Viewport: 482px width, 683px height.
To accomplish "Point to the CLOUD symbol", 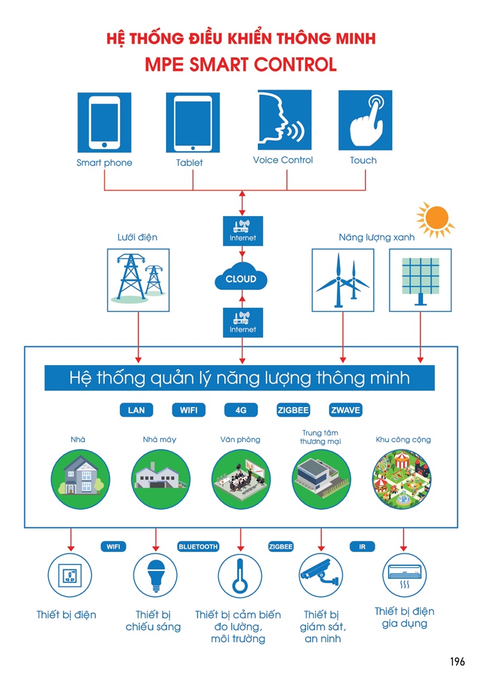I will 241,279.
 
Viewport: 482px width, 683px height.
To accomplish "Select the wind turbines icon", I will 342,279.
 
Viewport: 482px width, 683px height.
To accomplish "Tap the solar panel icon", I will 420,279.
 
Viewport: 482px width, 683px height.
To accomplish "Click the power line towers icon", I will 138,279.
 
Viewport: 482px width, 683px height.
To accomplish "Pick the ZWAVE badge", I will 345,410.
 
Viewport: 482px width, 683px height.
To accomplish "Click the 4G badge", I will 241,410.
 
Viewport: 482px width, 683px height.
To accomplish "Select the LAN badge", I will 137,410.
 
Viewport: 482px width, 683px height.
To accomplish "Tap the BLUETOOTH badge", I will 198,547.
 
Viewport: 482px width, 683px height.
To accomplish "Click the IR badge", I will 362,547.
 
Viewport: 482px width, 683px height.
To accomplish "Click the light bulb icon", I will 155,575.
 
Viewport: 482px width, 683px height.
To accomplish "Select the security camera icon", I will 322,575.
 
